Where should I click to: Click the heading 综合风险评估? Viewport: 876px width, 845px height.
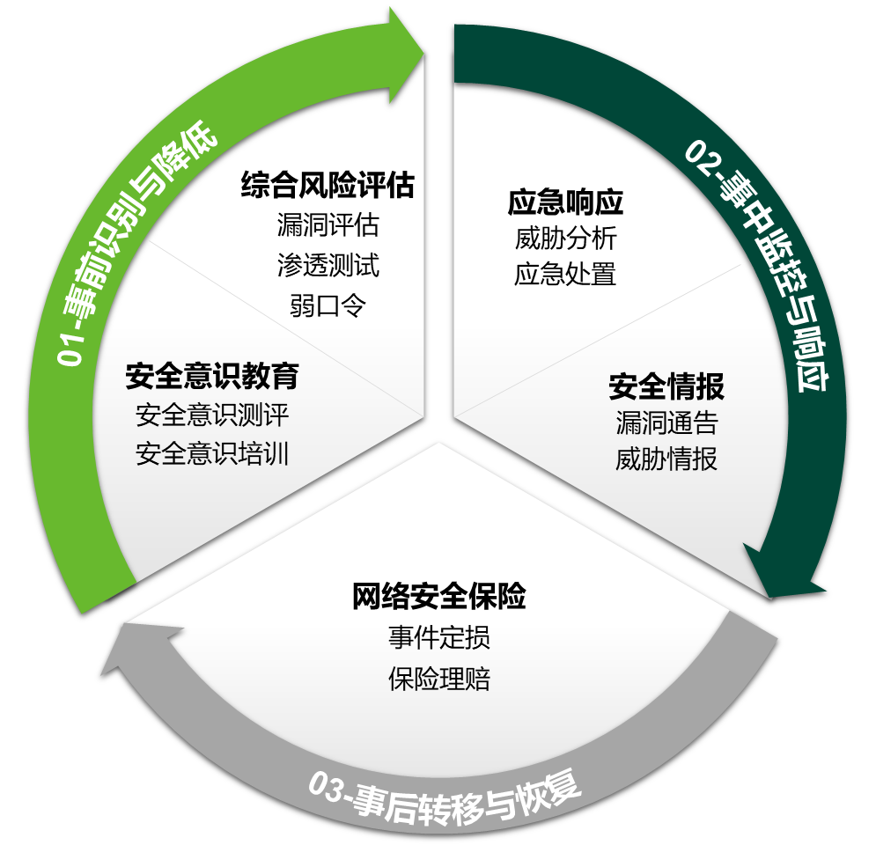coord(328,186)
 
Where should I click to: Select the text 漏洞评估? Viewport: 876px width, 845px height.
coord(328,225)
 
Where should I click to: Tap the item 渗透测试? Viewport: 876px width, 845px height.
coord(328,265)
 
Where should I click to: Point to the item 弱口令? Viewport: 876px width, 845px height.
coord(328,305)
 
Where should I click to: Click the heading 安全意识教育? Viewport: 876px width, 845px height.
coord(212,376)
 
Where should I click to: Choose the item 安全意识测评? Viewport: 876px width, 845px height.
coord(212,414)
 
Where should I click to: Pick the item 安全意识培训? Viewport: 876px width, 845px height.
coord(212,453)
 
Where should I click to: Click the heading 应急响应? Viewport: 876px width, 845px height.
coord(565,202)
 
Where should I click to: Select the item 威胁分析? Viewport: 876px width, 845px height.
coord(565,239)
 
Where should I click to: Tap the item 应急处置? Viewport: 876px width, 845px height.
coord(565,275)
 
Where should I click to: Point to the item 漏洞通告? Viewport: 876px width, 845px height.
coord(666,423)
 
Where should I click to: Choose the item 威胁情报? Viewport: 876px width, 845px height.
coord(666,459)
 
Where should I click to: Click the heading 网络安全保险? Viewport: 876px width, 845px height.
coord(438,597)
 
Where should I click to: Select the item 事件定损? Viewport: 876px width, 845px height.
coord(438,637)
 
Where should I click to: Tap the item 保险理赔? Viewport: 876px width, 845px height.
coord(438,679)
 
